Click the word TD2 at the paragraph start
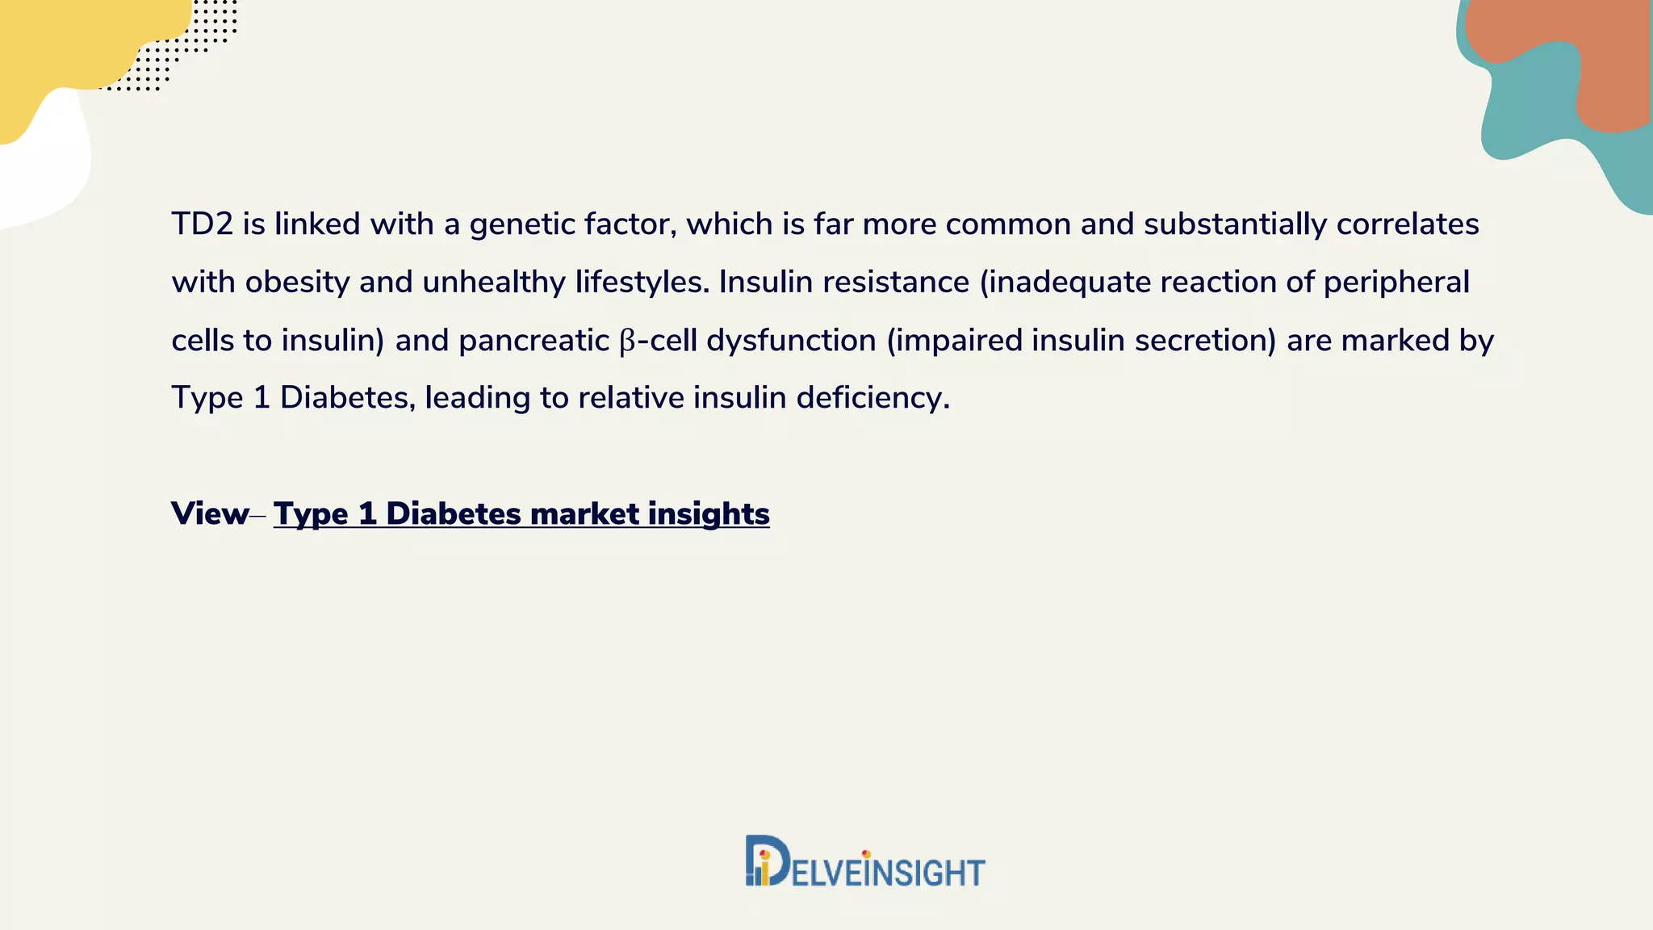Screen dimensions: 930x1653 [202, 224]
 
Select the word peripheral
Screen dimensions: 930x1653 [1396, 283]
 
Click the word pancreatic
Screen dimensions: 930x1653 [534, 341]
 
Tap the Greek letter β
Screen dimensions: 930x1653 [627, 341]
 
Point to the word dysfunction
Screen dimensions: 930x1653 [791, 341]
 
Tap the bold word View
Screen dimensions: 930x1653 [210, 514]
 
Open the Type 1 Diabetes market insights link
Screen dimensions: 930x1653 [521, 514]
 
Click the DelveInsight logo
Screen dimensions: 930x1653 [864, 862]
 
